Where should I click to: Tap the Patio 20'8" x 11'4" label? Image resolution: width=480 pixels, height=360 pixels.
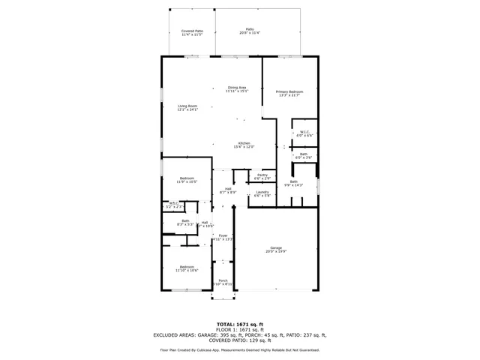[x=250, y=31]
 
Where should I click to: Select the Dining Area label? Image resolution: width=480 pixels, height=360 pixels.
[x=237, y=89]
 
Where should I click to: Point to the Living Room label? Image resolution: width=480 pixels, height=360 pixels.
[x=187, y=108]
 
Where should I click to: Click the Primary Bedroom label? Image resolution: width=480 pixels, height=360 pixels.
[x=289, y=93]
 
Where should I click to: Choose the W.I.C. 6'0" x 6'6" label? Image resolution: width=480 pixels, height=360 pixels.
[x=305, y=133]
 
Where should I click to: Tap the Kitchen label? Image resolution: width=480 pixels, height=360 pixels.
[x=244, y=145]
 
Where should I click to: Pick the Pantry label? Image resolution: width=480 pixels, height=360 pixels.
[x=262, y=176]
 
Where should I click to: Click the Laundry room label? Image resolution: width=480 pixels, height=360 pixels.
[x=262, y=193]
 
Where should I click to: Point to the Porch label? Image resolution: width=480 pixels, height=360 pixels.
[x=223, y=283]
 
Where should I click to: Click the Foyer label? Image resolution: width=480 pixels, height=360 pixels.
[x=223, y=238]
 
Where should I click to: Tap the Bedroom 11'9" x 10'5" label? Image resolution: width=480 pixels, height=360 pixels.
[x=187, y=180]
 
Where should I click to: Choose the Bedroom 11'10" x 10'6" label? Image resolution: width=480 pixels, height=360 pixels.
[x=187, y=268]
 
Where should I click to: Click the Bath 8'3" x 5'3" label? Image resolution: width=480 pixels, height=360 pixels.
[x=185, y=223]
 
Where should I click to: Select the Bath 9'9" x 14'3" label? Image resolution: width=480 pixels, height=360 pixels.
[x=294, y=183]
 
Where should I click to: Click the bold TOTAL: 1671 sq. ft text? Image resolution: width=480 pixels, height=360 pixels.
[x=240, y=323]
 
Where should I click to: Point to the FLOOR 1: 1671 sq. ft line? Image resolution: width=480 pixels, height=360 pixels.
[x=240, y=329]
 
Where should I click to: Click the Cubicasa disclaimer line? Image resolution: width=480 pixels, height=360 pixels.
[x=240, y=350]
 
